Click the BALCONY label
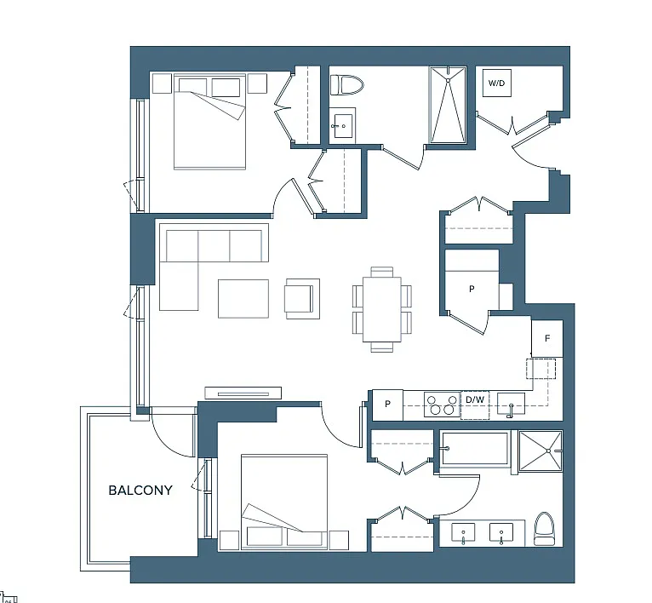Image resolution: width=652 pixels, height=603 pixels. (140, 491)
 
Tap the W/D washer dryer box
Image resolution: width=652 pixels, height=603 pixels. (495, 83)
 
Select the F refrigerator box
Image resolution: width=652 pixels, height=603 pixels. (547, 338)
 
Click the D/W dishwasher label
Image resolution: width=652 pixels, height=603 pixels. (473, 399)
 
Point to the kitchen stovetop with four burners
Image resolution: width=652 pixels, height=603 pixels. (439, 404)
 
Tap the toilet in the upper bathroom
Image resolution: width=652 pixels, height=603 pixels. (346, 85)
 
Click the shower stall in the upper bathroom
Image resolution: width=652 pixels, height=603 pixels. (448, 105)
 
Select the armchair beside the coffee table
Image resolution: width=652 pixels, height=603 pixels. (301, 298)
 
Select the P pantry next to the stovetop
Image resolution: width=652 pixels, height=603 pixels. (387, 405)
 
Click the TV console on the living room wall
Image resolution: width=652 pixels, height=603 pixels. (243, 393)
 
